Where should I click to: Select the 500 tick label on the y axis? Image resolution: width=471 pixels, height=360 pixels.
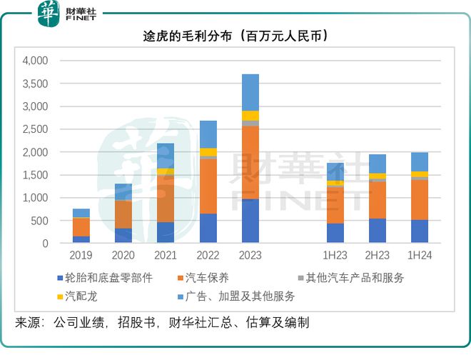click(x=40, y=221)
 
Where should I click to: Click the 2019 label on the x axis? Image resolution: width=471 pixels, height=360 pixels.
click(x=81, y=255)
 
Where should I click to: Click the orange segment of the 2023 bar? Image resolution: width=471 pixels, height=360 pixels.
click(x=250, y=163)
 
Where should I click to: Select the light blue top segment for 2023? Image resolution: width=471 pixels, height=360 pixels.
click(x=250, y=92)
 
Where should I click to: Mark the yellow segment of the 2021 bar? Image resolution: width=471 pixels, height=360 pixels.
click(x=166, y=172)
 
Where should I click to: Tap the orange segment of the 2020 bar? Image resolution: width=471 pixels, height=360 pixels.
click(x=123, y=214)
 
